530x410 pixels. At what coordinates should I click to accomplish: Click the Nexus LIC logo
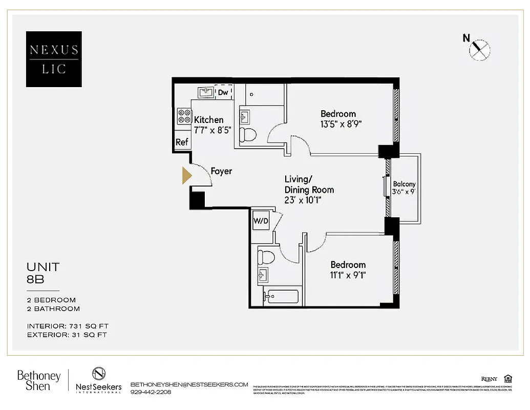[x=54, y=59]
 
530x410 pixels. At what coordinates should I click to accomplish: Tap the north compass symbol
[x=479, y=49]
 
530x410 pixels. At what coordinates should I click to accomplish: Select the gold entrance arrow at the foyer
[x=187, y=175]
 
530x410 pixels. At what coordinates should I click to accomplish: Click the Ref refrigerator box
[x=182, y=142]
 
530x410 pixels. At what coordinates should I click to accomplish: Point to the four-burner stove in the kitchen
[x=184, y=116]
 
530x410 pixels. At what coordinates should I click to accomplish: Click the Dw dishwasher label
[x=223, y=92]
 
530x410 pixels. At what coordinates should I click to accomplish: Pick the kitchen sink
[x=206, y=92]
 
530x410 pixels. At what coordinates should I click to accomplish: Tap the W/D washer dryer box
[x=261, y=221]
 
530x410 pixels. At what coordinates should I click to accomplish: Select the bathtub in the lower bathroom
[x=281, y=297]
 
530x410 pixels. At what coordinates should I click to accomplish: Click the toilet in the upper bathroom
[x=249, y=135]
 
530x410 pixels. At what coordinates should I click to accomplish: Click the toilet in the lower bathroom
[x=266, y=256]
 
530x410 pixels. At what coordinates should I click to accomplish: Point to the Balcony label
[x=404, y=184]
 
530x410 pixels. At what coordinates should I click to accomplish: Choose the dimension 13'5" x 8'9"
[x=338, y=124]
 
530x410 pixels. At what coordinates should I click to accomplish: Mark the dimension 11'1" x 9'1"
[x=348, y=275]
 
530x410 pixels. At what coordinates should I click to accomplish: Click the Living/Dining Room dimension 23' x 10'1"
[x=309, y=200]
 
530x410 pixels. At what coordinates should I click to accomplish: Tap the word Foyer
[x=221, y=171]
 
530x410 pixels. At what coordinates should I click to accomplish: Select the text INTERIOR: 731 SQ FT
[x=68, y=326]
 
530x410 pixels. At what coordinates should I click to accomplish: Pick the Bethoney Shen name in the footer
[x=39, y=381]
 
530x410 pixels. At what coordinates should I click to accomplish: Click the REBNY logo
[x=489, y=379]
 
